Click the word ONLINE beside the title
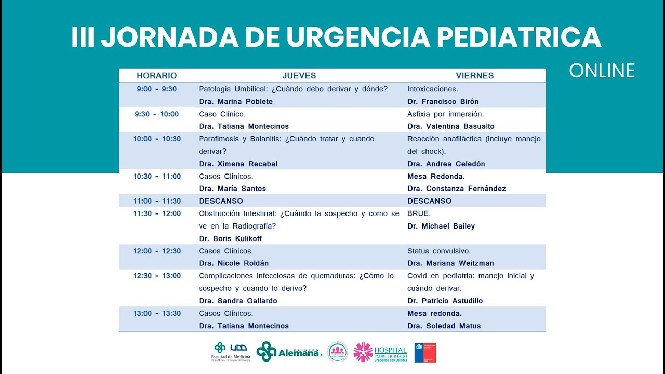(x=602, y=71)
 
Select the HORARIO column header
(x=156, y=76)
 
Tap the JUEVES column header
(x=299, y=76)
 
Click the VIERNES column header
(x=474, y=76)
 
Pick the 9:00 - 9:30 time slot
(x=156, y=89)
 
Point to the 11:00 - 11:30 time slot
(x=156, y=201)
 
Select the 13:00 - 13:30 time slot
(x=156, y=313)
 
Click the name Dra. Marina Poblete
(x=235, y=101)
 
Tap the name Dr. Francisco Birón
(x=443, y=101)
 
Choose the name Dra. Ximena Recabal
(x=238, y=164)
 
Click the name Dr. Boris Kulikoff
(x=230, y=238)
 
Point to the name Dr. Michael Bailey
(x=441, y=226)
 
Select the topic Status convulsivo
(x=438, y=251)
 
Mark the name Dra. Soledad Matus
(x=444, y=326)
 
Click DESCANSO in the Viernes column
(x=429, y=201)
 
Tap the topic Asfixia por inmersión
(x=445, y=114)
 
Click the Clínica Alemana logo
(x=289, y=352)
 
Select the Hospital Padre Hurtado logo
(x=380, y=352)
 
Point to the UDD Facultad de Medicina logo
(x=231, y=352)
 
